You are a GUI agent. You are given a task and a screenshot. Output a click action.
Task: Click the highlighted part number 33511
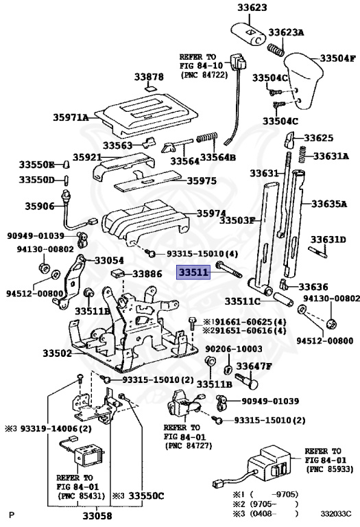point(194,272)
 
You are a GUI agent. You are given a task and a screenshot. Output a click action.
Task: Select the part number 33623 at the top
point(252,10)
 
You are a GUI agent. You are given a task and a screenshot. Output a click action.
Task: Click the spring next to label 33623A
point(274,49)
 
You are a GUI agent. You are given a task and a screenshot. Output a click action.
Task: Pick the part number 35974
point(213,213)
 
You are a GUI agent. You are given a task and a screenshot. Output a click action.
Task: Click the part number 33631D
point(328,239)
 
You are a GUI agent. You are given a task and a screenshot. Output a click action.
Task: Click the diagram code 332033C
point(334,513)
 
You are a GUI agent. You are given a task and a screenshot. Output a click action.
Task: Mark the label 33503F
point(237,221)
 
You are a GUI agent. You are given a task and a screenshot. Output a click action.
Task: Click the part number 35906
point(40,206)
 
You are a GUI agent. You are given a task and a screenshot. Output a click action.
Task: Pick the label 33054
point(109,261)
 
